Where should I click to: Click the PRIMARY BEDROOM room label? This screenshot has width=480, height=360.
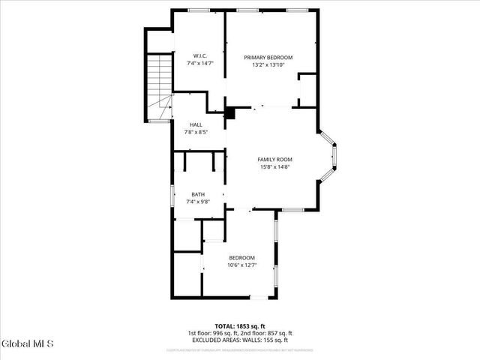[x=268, y=58]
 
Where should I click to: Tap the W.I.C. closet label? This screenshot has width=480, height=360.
[x=199, y=56]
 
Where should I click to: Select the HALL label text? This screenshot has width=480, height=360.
[x=196, y=124]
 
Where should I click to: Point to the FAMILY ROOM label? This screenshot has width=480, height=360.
[x=274, y=159]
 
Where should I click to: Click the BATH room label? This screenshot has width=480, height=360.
[x=197, y=194]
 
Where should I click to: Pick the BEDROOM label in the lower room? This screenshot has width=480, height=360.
[x=241, y=257]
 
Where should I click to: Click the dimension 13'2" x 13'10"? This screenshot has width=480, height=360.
[x=268, y=65]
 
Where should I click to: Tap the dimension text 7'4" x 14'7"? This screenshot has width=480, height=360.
[x=199, y=64]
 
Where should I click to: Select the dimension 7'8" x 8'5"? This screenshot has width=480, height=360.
[x=196, y=132]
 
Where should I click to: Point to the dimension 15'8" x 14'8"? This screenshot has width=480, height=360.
[x=274, y=166]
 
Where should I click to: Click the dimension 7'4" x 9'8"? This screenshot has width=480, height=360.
[x=197, y=202]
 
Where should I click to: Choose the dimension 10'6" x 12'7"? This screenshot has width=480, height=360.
[x=241, y=265]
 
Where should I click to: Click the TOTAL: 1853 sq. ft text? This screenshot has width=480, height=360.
[x=240, y=325]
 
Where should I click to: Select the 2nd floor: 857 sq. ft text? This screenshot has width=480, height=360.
[x=267, y=333]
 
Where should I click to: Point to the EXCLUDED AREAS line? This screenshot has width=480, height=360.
[x=240, y=340]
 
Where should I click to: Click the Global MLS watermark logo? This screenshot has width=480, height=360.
[x=27, y=344]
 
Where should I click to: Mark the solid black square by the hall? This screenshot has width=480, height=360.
[x=230, y=115]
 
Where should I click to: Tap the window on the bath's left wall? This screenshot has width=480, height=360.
[x=172, y=194]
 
